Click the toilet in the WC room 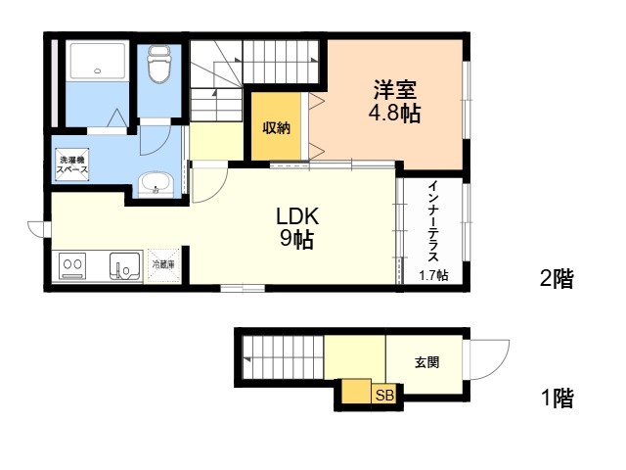tap(159, 63)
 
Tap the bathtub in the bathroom tap(98, 61)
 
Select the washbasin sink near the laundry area tap(156, 184)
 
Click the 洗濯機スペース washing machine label tap(72, 164)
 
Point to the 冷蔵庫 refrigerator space tap(163, 265)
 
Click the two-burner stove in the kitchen tap(72, 266)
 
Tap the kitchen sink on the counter tap(125, 266)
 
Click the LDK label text tap(297, 216)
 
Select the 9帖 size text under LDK tap(296, 239)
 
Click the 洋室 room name tap(395, 89)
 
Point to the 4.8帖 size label tap(394, 114)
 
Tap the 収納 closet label tap(276, 128)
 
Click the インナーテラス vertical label tap(433, 221)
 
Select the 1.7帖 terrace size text tap(433, 275)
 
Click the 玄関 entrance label tap(426, 362)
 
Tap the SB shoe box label tap(384, 396)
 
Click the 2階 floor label tap(557, 278)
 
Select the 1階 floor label tap(558, 399)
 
